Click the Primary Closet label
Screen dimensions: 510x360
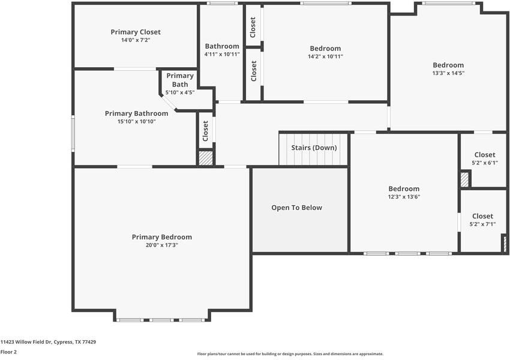click(x=136, y=32)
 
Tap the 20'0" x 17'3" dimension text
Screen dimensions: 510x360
click(x=161, y=245)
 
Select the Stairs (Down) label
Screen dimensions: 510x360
click(x=314, y=148)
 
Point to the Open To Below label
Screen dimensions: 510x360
click(x=296, y=208)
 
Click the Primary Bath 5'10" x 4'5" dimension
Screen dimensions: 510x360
click(x=180, y=92)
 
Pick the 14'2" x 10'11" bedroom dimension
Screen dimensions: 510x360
click(x=325, y=56)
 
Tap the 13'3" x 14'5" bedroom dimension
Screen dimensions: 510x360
click(x=448, y=73)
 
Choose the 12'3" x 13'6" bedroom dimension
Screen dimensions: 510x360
click(x=404, y=197)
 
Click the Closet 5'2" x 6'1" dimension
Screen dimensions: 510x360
click(x=485, y=163)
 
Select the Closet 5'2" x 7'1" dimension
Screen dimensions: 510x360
click(x=482, y=224)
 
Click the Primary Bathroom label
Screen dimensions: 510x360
click(x=137, y=113)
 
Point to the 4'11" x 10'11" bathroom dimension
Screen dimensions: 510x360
click(x=222, y=55)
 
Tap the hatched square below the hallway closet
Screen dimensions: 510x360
click(x=206, y=158)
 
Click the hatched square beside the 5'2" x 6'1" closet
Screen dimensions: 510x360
click(x=464, y=179)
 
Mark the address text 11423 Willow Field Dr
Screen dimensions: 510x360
click(x=26, y=342)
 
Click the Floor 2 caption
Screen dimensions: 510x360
click(x=8, y=352)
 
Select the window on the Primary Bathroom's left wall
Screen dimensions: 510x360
click(x=73, y=133)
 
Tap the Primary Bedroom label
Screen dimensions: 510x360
click(x=161, y=237)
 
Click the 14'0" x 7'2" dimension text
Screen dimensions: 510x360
click(x=136, y=40)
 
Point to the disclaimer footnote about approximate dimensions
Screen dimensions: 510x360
click(x=290, y=354)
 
